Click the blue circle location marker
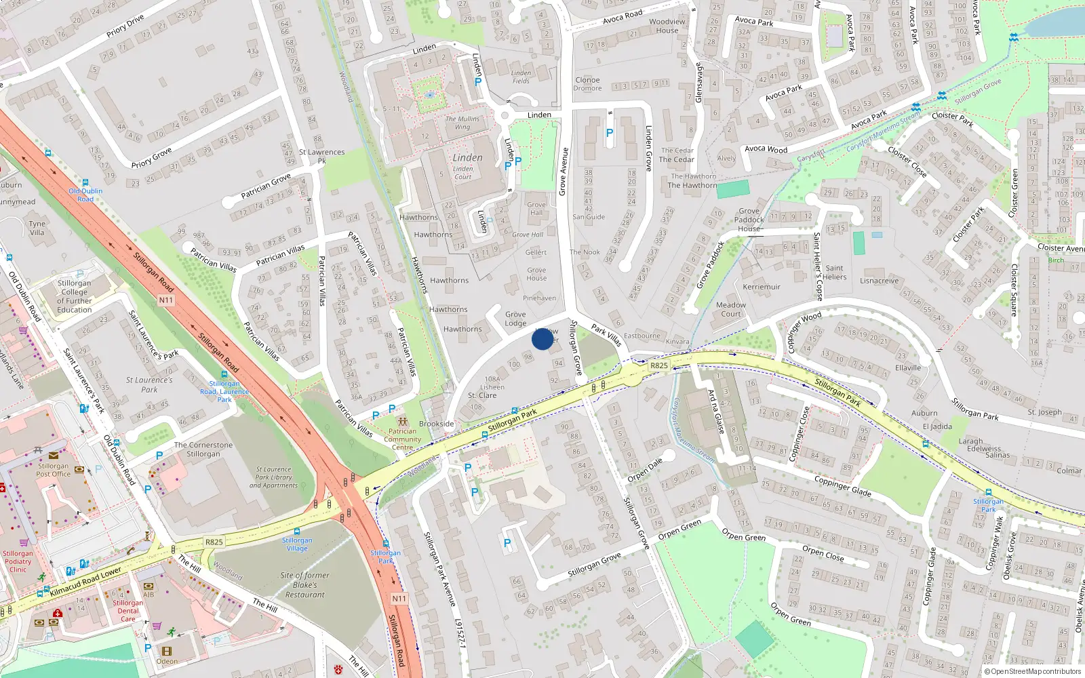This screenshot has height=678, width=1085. [x=542, y=338]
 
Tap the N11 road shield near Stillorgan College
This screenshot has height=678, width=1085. [x=166, y=300]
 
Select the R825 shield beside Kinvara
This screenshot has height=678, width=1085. [x=658, y=365]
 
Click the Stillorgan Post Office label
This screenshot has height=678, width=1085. [x=54, y=470]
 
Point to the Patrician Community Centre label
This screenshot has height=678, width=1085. [x=402, y=439]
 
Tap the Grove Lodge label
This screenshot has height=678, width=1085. [x=515, y=319]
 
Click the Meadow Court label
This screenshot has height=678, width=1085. [x=730, y=309]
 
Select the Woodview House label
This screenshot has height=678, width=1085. [x=667, y=26]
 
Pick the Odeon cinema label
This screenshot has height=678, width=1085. [x=167, y=661]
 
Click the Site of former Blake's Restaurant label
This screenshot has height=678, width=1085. [x=305, y=584]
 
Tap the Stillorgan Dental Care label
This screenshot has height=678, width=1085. [x=127, y=610]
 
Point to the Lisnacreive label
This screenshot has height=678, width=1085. [x=879, y=281]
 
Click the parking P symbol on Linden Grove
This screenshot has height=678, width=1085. [x=609, y=134]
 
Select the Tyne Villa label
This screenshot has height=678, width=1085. [x=37, y=228]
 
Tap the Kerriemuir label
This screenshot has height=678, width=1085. [x=762, y=287]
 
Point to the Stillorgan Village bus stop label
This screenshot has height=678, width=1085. [x=297, y=544]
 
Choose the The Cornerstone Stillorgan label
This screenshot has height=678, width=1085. [x=203, y=450]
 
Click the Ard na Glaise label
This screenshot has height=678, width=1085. [x=715, y=412]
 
